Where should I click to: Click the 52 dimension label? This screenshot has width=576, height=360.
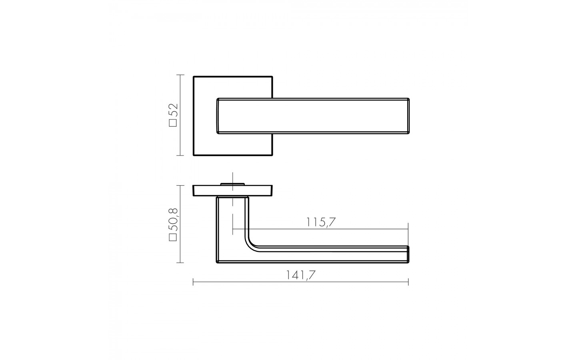[173, 111]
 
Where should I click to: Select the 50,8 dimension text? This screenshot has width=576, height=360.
[173, 220]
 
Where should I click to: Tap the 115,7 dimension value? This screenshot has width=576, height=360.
[321, 222]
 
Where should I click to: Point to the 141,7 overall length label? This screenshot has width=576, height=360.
[301, 275]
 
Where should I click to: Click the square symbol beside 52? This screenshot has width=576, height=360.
[173, 123]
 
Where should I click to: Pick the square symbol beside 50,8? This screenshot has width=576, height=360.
[173, 237]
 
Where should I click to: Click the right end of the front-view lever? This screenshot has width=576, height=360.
[409, 116]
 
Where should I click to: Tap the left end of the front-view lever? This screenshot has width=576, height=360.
[217, 116]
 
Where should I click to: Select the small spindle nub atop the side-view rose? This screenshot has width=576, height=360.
[232, 184]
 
